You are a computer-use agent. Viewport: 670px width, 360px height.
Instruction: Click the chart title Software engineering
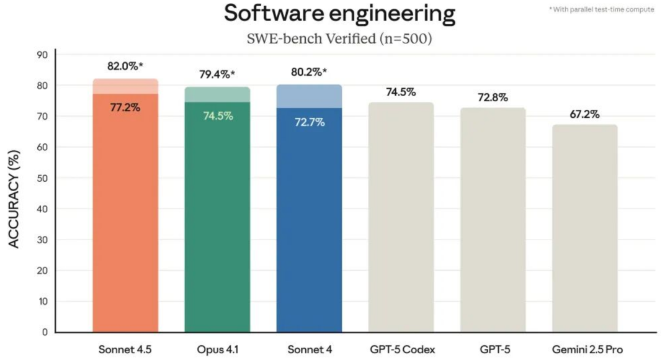pyautogui.click(x=340, y=13)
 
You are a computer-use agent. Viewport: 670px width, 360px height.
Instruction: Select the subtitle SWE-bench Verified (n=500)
pyautogui.click(x=339, y=38)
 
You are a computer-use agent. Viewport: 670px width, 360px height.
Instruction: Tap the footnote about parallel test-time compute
pyautogui.click(x=601, y=9)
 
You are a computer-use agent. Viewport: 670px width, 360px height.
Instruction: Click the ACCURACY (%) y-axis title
pyautogui.click(x=14, y=199)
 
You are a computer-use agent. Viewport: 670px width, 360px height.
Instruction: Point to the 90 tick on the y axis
pyautogui.click(x=42, y=55)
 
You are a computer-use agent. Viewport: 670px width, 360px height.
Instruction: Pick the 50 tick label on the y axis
pyautogui.click(x=42, y=178)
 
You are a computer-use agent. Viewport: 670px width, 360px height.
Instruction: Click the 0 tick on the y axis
pyautogui.click(x=45, y=332)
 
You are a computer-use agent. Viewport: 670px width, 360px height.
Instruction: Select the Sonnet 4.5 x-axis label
pyautogui.click(x=125, y=349)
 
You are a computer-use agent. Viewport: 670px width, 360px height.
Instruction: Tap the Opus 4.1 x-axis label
pyautogui.click(x=218, y=349)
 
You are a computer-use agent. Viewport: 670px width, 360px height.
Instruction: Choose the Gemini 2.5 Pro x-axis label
pyautogui.click(x=587, y=349)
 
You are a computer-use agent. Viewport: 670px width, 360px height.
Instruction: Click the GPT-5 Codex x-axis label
pyautogui.click(x=403, y=349)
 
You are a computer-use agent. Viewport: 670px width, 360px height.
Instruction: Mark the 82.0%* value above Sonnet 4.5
pyautogui.click(x=125, y=66)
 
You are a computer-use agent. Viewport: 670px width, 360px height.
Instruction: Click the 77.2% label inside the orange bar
pyautogui.click(x=125, y=107)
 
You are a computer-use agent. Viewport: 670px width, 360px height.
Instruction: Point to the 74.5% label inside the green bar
pyautogui.click(x=218, y=116)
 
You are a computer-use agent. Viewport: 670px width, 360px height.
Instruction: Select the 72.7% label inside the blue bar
pyautogui.click(x=310, y=122)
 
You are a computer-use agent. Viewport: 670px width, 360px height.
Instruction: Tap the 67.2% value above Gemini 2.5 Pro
pyautogui.click(x=584, y=114)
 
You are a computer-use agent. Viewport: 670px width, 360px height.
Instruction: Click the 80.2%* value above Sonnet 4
pyautogui.click(x=309, y=72)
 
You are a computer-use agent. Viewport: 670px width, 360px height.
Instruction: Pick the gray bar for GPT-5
pyautogui.click(x=493, y=220)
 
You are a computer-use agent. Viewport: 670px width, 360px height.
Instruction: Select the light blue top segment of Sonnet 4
pyautogui.click(x=310, y=96)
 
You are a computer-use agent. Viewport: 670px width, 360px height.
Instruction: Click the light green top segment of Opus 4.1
pyautogui.click(x=218, y=94)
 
